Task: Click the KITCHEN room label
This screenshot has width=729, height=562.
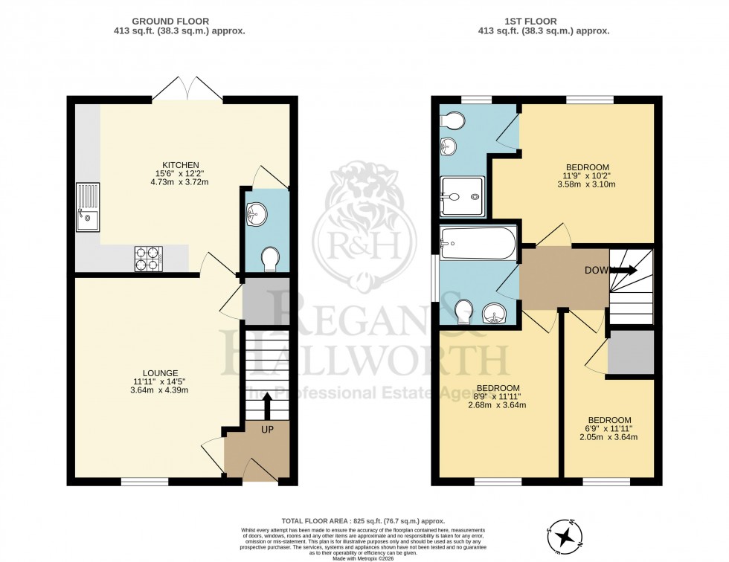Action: [x=182, y=164]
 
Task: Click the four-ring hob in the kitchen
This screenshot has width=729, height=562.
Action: [x=148, y=258]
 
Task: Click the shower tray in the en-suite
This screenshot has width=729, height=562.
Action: [x=462, y=197]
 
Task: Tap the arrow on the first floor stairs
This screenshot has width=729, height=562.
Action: [x=623, y=271]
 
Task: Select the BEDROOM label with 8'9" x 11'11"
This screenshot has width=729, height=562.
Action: [x=498, y=388]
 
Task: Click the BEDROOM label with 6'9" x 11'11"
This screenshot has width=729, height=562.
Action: [x=609, y=420]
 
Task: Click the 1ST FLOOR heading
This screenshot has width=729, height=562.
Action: [x=545, y=22]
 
